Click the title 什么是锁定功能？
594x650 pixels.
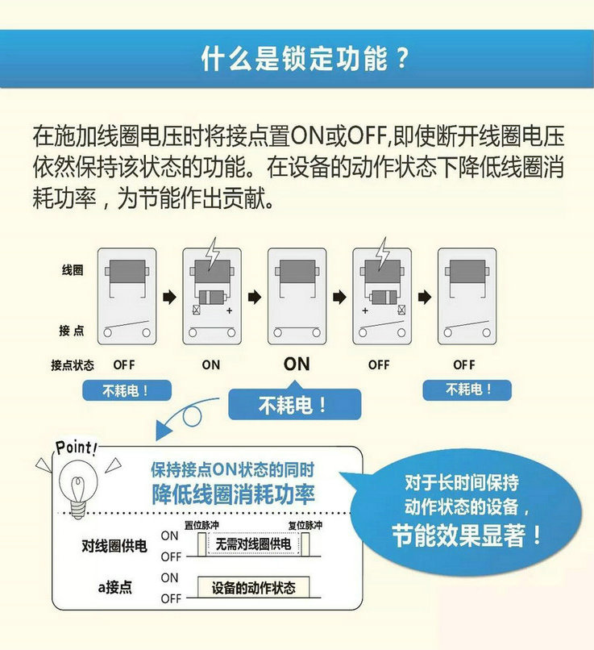tap(305, 58)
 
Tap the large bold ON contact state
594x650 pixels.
tap(297, 364)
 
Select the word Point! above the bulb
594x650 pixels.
tap(77, 448)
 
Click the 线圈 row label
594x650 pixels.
tap(73, 270)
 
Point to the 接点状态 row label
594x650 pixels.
tap(73, 365)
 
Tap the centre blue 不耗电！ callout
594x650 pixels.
tap(294, 404)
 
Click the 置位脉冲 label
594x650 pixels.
tap(201, 525)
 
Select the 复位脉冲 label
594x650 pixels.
tap(305, 525)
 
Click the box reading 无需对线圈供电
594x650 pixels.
tap(253, 544)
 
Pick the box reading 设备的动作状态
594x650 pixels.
tap(253, 587)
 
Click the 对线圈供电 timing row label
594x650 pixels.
tap(114, 545)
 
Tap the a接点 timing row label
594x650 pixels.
tap(114, 587)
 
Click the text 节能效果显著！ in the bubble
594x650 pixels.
tap(467, 535)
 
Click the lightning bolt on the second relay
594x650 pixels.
tap(213, 253)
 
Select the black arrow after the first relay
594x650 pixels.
tap(169, 297)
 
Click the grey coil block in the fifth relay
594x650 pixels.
tap(467, 272)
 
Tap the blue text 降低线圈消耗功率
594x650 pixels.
tap(233, 494)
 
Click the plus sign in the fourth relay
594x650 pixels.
tap(365, 310)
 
